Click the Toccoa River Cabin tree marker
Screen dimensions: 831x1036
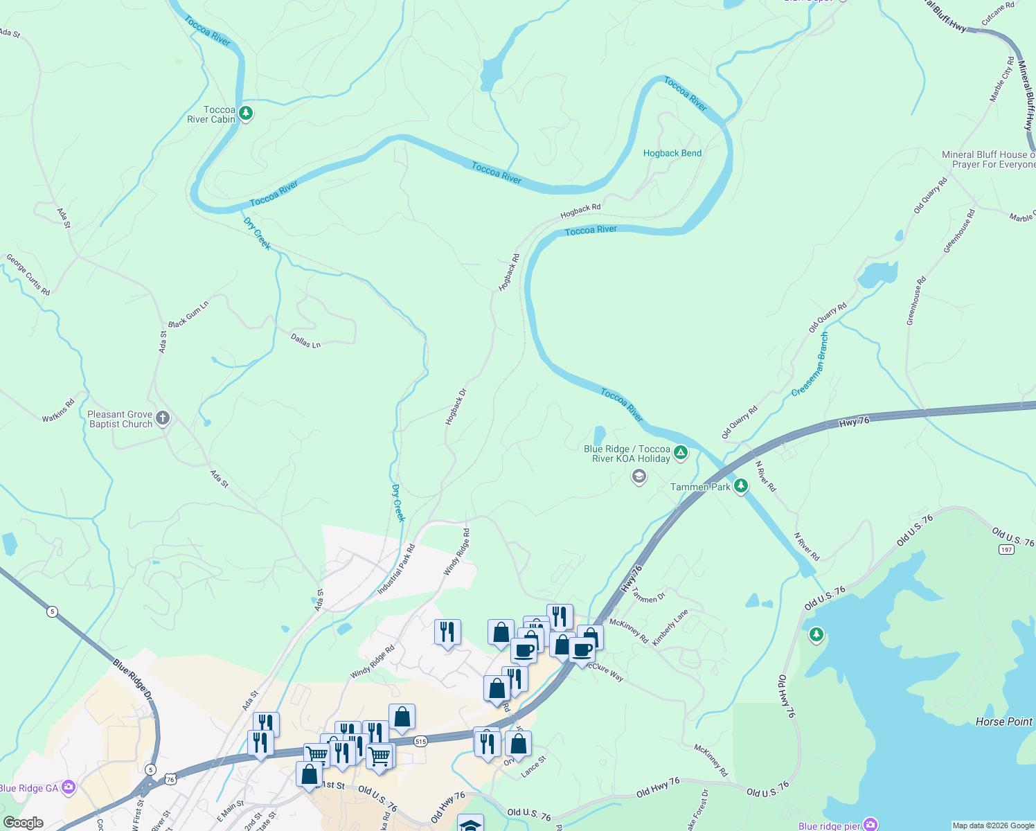pyautogui.click(x=245, y=113)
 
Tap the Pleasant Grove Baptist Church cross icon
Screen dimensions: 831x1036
pyautogui.click(x=163, y=418)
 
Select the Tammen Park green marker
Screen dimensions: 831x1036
pyautogui.click(x=741, y=485)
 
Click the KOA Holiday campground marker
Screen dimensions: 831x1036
pyautogui.click(x=681, y=453)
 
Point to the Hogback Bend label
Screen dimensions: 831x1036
pyautogui.click(x=672, y=153)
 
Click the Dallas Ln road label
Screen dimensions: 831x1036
pyautogui.click(x=305, y=341)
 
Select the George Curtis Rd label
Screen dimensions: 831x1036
pyautogui.click(x=28, y=274)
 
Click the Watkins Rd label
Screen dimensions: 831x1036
pyautogui.click(x=58, y=411)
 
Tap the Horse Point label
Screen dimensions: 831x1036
pyautogui.click(x=1003, y=722)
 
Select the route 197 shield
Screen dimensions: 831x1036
pyautogui.click(x=1006, y=549)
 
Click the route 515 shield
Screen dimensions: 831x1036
pyautogui.click(x=421, y=742)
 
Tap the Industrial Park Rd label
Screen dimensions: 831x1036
pyautogui.click(x=396, y=569)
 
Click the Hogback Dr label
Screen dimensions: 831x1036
pyautogui.click(x=456, y=406)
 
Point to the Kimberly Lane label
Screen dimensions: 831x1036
pyautogui.click(x=670, y=627)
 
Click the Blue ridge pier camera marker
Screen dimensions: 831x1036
pyautogui.click(x=870, y=825)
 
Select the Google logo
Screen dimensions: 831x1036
pyautogui.click(x=23, y=823)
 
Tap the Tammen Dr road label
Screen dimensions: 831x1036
pyautogui.click(x=649, y=596)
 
